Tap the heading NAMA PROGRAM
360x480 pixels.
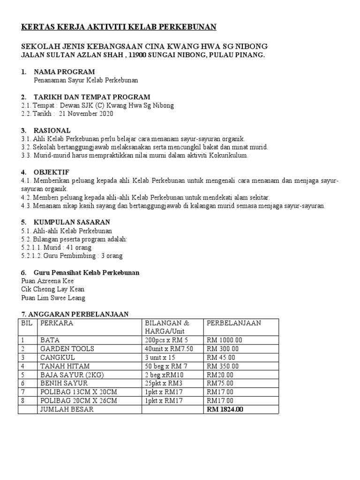[x=64, y=72]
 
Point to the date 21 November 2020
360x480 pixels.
[x=86, y=113]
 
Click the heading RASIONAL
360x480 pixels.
[x=52, y=130]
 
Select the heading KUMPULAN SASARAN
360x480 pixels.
[x=72, y=222]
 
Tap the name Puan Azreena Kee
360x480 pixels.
[x=47, y=281]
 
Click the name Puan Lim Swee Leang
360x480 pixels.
[x=53, y=298]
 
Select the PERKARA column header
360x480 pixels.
[x=57, y=323]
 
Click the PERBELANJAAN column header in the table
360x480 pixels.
[x=234, y=323]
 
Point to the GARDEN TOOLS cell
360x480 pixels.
[x=67, y=348]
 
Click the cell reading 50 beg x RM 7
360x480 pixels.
[x=167, y=366]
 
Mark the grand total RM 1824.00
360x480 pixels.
[x=225, y=409]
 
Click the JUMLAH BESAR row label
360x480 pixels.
[x=67, y=409]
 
